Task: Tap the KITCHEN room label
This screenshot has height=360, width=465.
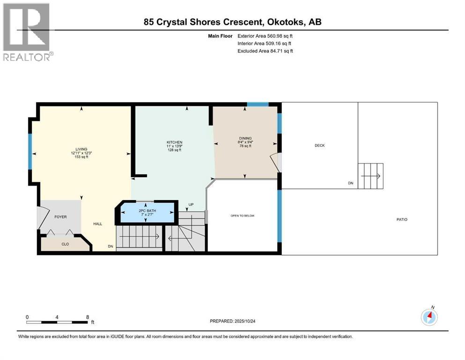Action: [x=175, y=142]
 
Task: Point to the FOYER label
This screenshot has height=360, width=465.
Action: [x=60, y=217]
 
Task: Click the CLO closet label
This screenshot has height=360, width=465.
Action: [x=65, y=244]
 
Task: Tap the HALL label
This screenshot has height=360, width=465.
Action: [x=97, y=224]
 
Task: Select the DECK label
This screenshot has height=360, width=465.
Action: [x=319, y=145]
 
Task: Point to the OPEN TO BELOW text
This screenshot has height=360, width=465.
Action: [x=242, y=216]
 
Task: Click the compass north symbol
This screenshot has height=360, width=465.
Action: [x=429, y=317]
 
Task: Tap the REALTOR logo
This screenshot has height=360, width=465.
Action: [x=28, y=32]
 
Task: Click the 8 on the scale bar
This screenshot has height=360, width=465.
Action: [x=88, y=317]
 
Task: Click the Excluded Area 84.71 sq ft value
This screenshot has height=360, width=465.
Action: [x=265, y=51]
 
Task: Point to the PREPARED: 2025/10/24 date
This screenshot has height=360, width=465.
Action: [x=233, y=321]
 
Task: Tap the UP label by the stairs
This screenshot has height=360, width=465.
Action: [x=191, y=205]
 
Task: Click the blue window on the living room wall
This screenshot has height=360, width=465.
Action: [x=30, y=152]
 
